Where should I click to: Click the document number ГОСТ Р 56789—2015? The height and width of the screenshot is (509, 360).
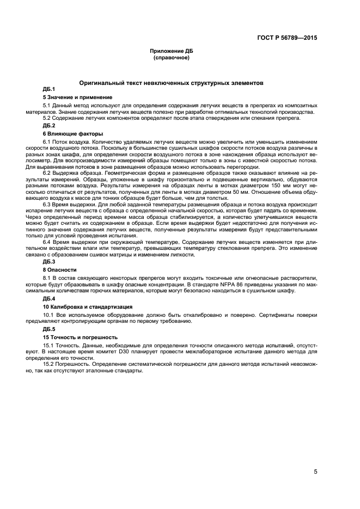click(287, 38)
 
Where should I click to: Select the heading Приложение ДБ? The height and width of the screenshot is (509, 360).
click(172, 51)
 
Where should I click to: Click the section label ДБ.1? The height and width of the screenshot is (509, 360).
click(48, 89)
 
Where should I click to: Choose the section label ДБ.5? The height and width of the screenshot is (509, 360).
click(48, 329)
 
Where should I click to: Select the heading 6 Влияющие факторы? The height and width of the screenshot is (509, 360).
click(69, 133)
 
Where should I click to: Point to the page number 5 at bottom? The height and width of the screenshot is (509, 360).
click(315, 472)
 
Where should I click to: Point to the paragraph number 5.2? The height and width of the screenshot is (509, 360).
click(47, 118)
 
